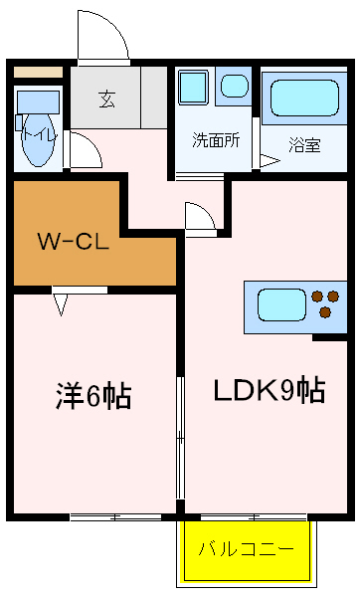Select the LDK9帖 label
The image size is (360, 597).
coord(268,389)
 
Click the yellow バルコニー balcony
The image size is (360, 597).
coord(246,550)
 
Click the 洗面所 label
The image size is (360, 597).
coord(216,140)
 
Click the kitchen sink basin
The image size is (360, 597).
coord(281,301)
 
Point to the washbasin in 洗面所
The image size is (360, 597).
coord(235,87)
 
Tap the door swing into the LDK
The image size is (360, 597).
coord(198,216)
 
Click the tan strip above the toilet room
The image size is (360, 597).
coord(37,73)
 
